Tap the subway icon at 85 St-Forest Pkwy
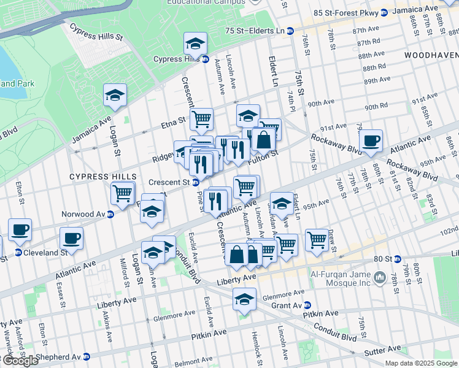coord(384,12)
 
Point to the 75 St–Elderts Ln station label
coord(255,31)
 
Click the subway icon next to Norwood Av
coord(110,215)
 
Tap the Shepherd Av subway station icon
coord(87,356)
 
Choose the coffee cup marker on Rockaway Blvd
coord(371,141)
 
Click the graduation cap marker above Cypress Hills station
coord(195,43)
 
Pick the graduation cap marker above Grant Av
coord(244,300)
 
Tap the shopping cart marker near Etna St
coord(201,118)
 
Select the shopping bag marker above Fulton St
coord(263,139)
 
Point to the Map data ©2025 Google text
coord(420,363)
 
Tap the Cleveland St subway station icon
coord(18,252)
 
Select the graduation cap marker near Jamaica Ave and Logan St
coord(115,95)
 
